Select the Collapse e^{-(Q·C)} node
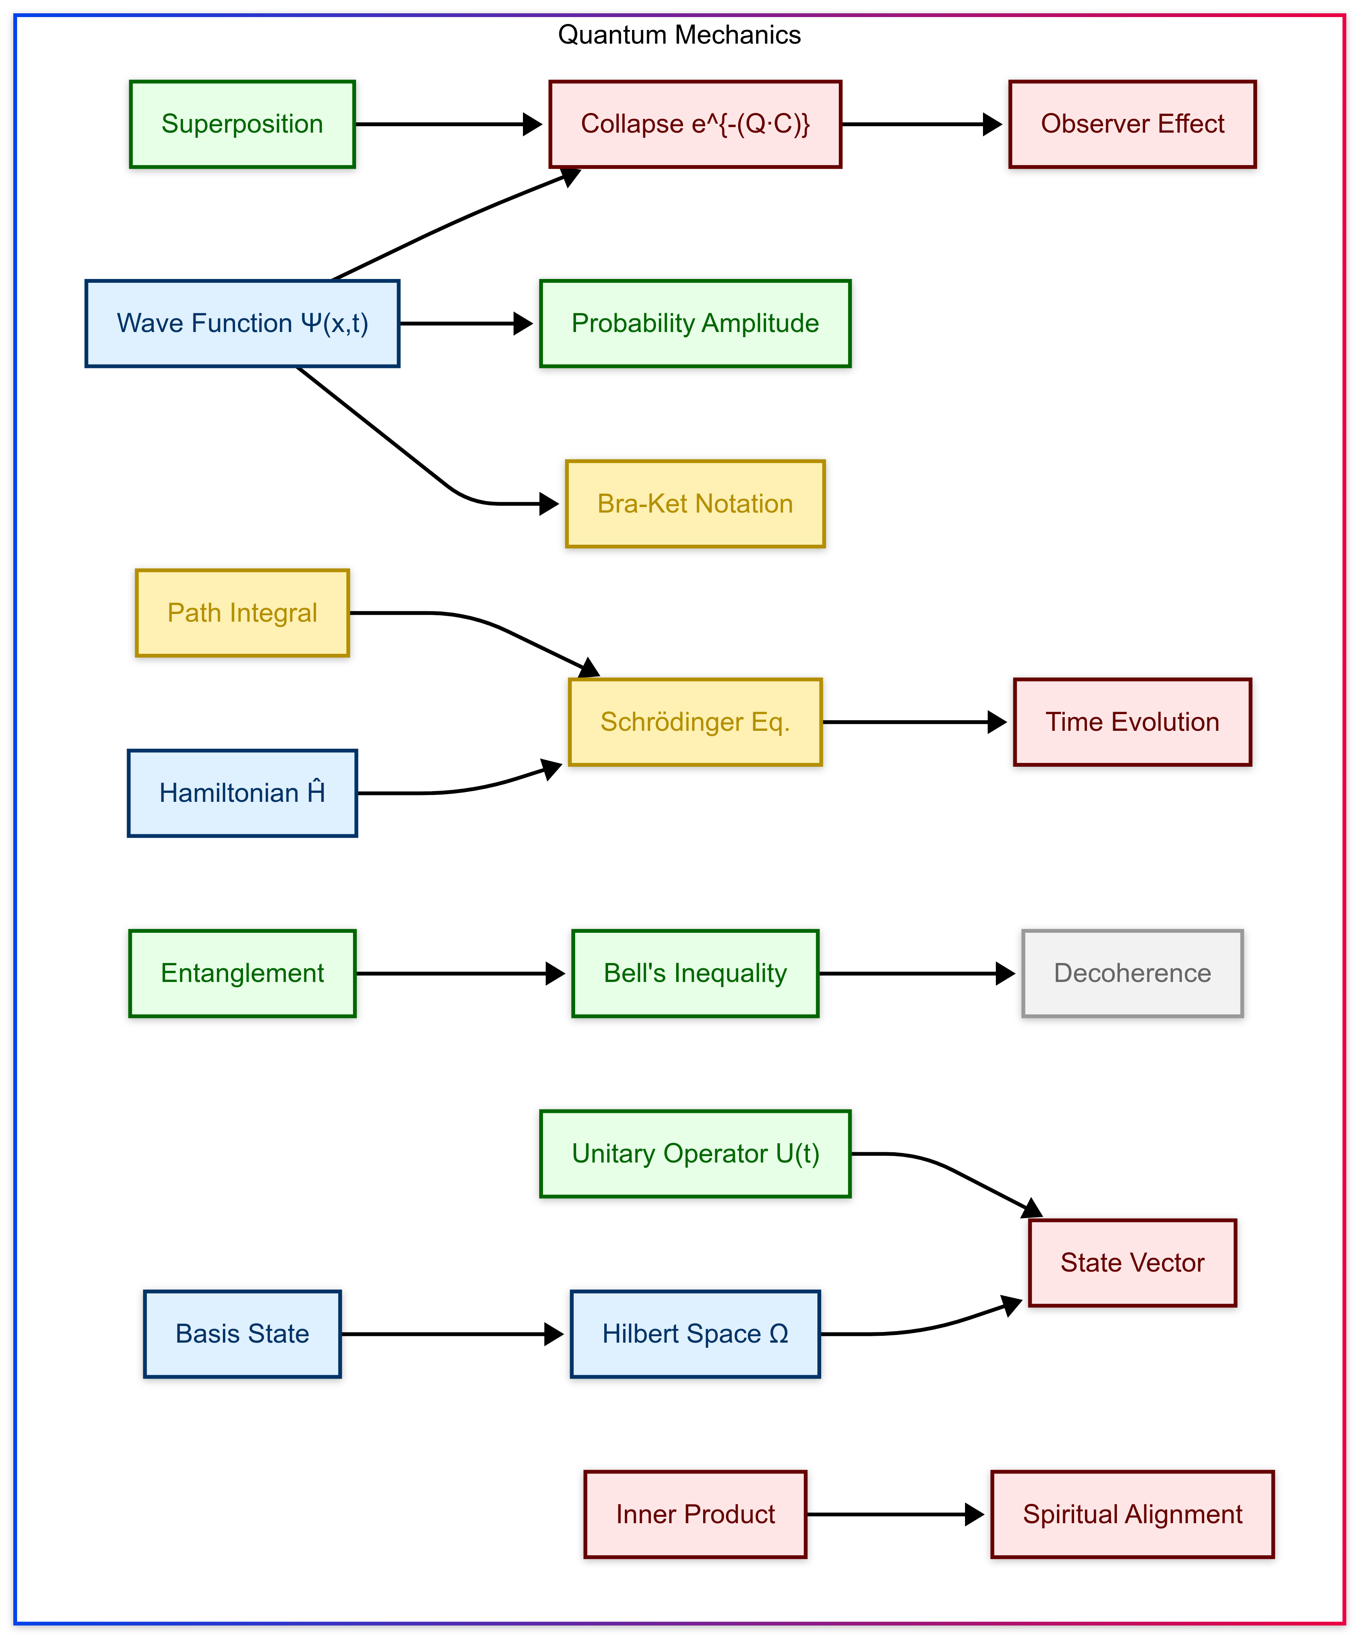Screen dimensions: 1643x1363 click(x=695, y=124)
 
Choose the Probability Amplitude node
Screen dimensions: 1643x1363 click(x=695, y=323)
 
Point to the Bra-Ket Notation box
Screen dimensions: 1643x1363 click(x=695, y=504)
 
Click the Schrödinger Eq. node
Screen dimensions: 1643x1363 click(x=695, y=721)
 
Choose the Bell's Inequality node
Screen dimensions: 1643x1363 click(x=695, y=973)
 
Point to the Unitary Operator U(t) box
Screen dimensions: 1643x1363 click(x=695, y=1153)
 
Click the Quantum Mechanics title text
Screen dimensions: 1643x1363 click(x=679, y=35)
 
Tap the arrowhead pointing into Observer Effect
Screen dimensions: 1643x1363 click(x=992, y=124)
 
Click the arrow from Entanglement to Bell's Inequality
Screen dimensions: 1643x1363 click(x=462, y=973)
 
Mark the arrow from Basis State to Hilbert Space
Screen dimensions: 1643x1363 click(x=454, y=1334)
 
